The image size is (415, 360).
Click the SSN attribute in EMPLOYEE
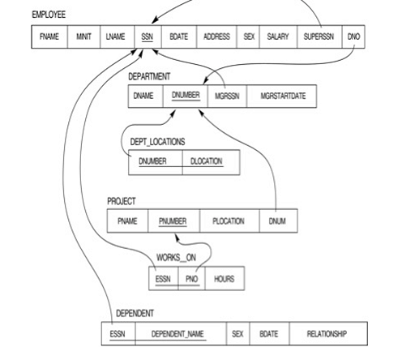pyautogui.click(x=148, y=36)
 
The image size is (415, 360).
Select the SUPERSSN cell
pyautogui.click(x=319, y=36)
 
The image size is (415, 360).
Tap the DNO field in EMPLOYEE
pyautogui.click(x=353, y=36)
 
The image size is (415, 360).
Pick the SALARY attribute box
pyautogui.click(x=278, y=36)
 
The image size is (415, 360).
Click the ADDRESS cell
pyautogui.click(x=216, y=36)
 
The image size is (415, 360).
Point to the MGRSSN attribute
pyautogui.click(x=227, y=96)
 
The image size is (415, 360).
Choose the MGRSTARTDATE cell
pyautogui.click(x=282, y=96)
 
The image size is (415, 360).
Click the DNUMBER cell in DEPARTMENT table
pyautogui.click(x=186, y=96)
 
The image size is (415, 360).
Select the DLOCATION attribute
pyautogui.click(x=211, y=162)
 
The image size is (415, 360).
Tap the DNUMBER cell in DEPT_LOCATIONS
pyautogui.click(x=156, y=162)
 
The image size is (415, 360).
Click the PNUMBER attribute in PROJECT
pyautogui.click(x=173, y=221)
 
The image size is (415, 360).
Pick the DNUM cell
pyautogui.click(x=278, y=221)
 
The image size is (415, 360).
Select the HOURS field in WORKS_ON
pyautogui.click(x=225, y=278)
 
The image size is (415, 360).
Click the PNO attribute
pyautogui.click(x=191, y=278)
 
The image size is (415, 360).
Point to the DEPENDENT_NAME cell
pyautogui.click(x=181, y=334)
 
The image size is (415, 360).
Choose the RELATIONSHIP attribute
pyautogui.click(x=328, y=334)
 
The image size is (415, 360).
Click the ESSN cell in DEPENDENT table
pyautogui.click(x=118, y=334)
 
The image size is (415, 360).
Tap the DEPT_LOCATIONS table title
pyautogui.click(x=157, y=142)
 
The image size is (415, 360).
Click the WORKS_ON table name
pyautogui.click(x=176, y=258)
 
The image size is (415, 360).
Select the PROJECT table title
pyautogui.click(x=122, y=201)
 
